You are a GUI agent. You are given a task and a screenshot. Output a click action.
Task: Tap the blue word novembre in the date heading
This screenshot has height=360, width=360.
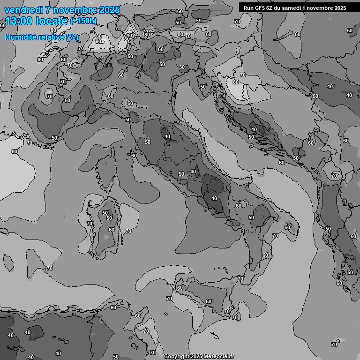click(x=75, y=10)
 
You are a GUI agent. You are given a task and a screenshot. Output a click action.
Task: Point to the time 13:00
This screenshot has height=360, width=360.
click(x=19, y=21)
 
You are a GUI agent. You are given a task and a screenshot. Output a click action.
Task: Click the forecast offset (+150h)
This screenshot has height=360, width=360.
click(x=83, y=21)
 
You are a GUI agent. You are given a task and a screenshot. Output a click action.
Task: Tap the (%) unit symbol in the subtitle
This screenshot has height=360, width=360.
click(x=72, y=37)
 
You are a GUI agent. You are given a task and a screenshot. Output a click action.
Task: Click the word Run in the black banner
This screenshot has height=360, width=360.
click(x=249, y=7)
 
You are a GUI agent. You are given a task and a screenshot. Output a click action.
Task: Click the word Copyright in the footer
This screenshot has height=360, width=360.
click(x=176, y=357)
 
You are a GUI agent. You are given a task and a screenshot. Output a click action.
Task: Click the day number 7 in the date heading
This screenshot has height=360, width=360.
click(x=49, y=10)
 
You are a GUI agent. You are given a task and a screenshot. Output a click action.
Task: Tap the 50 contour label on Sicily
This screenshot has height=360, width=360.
click(x=209, y=301)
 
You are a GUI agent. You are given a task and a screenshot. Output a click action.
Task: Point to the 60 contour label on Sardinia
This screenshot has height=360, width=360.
click(x=112, y=230)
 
